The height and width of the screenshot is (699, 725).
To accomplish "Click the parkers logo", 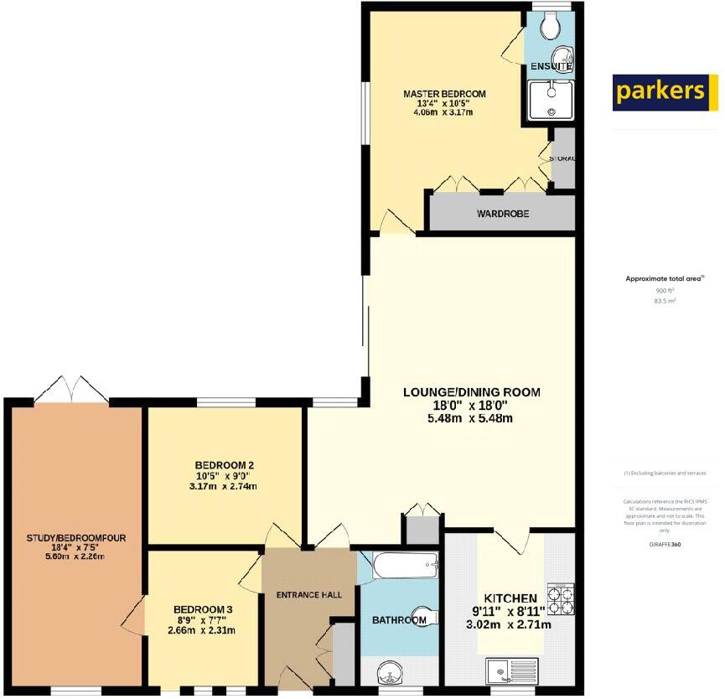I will point(665,91).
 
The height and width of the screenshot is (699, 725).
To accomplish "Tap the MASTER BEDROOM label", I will point(443,94).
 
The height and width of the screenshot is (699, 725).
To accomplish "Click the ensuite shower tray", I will point(551,101).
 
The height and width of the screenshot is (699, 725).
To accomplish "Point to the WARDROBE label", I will point(503,214).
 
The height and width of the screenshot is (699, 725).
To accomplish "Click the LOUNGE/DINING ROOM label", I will point(471,392).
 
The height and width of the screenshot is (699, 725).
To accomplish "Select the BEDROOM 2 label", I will point(224,465).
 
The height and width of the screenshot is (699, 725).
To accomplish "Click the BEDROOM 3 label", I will point(203,609).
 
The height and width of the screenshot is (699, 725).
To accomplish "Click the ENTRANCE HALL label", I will point(309,594).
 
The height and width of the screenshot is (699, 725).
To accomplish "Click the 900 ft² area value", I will point(664,290).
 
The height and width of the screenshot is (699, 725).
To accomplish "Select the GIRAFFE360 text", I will point(664,543).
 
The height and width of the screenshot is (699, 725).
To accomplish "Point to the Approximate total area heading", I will point(664,278).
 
